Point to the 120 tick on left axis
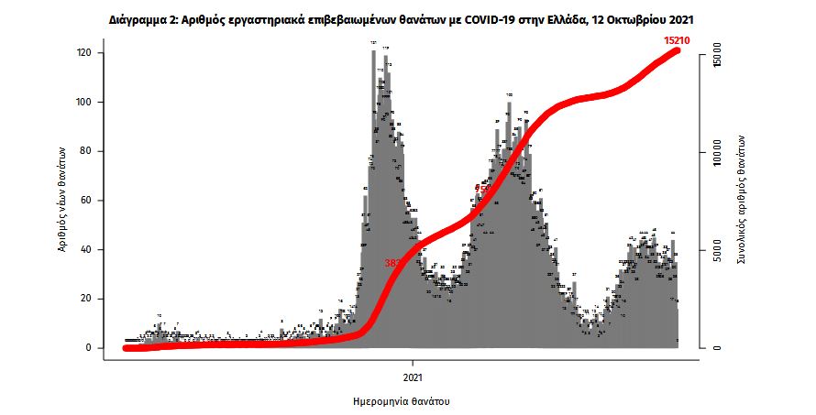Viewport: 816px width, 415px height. pos(83,53)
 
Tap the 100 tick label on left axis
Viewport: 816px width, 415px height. pos(83,103)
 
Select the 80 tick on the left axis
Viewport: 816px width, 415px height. pos(86,151)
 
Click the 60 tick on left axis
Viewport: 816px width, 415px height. pos(86,201)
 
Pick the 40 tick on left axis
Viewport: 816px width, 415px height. pos(86,250)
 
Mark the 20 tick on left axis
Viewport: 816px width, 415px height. pos(86,299)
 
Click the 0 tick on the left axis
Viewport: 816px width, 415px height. pos(89,348)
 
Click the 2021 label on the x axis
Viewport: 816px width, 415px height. pos(412,375)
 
